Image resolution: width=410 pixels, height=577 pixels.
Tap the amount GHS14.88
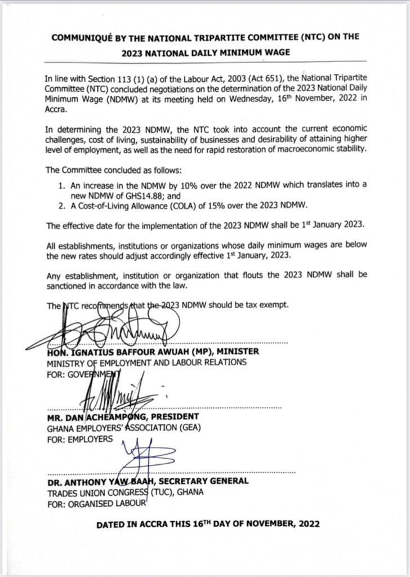tap(147, 194)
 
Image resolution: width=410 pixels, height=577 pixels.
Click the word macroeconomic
tap(297, 149)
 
